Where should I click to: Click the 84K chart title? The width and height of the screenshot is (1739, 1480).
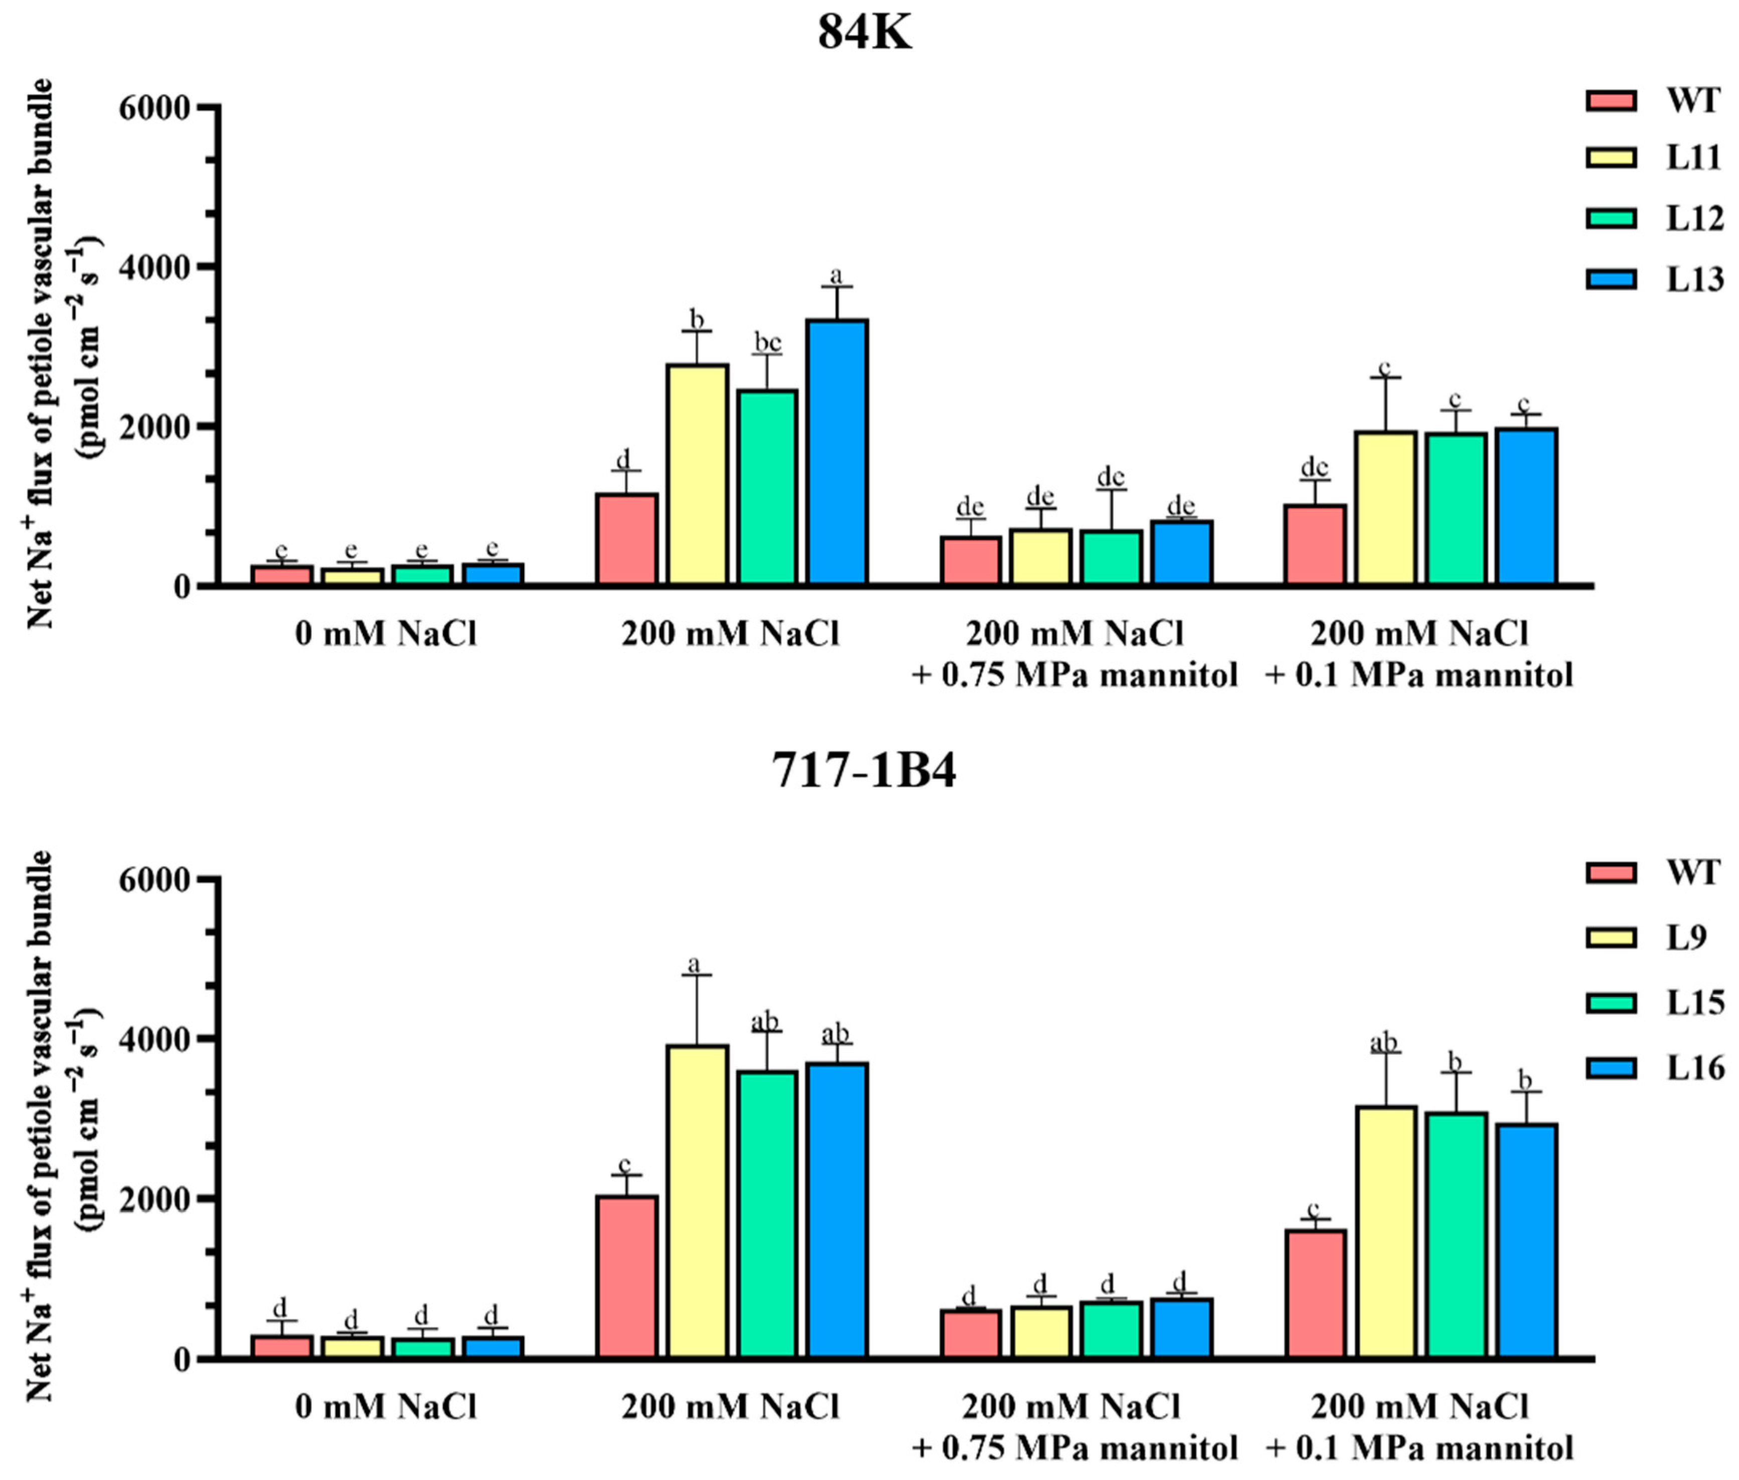[x=864, y=35]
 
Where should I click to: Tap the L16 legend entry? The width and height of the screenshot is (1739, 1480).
[x=1694, y=1068]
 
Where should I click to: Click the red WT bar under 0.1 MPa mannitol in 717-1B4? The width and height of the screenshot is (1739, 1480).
[x=1315, y=1292]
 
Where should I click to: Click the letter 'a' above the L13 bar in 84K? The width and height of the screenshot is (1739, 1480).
[x=836, y=275]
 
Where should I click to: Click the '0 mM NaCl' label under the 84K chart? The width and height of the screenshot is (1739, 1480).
[x=386, y=634]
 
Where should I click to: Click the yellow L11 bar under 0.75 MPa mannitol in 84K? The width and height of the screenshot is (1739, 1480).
[x=1041, y=556]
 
